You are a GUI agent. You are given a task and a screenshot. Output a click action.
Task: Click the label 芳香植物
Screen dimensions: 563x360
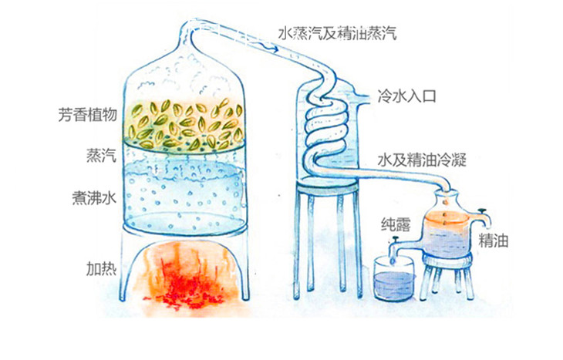click(x=88, y=115)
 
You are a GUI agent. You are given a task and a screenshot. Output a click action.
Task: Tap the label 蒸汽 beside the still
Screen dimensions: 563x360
click(x=102, y=156)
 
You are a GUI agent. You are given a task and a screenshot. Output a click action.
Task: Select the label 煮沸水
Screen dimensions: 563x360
click(x=95, y=197)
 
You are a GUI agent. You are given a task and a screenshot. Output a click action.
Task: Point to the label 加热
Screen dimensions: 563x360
click(x=102, y=268)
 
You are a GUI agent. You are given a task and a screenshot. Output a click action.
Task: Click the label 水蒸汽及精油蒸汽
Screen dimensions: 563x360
click(x=338, y=33)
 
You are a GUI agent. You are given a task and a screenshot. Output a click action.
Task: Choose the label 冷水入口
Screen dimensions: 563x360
click(x=406, y=96)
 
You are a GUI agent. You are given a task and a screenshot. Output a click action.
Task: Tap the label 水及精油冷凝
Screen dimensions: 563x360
click(x=422, y=160)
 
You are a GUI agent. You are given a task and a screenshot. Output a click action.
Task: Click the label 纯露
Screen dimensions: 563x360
click(x=396, y=224)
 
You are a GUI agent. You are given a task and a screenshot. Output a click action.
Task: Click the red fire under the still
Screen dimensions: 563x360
click(x=183, y=277)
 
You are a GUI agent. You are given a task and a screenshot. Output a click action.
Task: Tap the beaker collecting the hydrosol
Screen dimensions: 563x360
click(x=393, y=279)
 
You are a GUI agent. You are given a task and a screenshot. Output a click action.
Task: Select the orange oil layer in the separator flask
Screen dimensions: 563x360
click(x=446, y=219)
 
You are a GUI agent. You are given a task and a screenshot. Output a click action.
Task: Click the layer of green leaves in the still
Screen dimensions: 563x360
click(x=185, y=125)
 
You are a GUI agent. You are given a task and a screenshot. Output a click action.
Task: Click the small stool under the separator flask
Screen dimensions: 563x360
click(x=447, y=274)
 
